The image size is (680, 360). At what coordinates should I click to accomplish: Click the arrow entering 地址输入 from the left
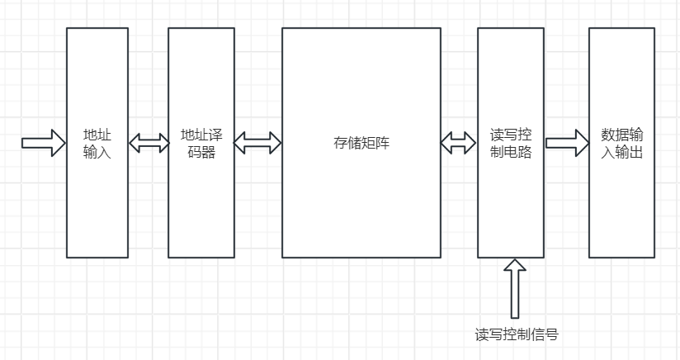pyautogui.click(x=43, y=143)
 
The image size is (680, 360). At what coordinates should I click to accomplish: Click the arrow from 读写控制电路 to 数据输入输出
pyautogui.click(x=566, y=143)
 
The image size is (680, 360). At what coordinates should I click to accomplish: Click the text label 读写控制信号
pyautogui.click(x=517, y=334)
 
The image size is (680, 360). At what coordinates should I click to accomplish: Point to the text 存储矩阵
pyautogui.click(x=361, y=143)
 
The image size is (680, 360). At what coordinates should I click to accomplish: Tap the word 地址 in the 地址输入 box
pyautogui.click(x=97, y=135)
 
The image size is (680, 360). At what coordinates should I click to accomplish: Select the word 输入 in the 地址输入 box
pyautogui.click(x=97, y=152)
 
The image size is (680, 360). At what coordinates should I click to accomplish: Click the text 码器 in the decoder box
pyautogui.click(x=201, y=152)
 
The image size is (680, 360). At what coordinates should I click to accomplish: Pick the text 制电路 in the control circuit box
pyautogui.click(x=511, y=152)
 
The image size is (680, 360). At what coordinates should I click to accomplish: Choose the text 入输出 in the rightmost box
pyautogui.click(x=621, y=152)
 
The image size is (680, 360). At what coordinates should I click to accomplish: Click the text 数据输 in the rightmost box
pyautogui.click(x=621, y=135)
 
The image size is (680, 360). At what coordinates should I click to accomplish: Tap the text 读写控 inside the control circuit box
pyautogui.click(x=511, y=135)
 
